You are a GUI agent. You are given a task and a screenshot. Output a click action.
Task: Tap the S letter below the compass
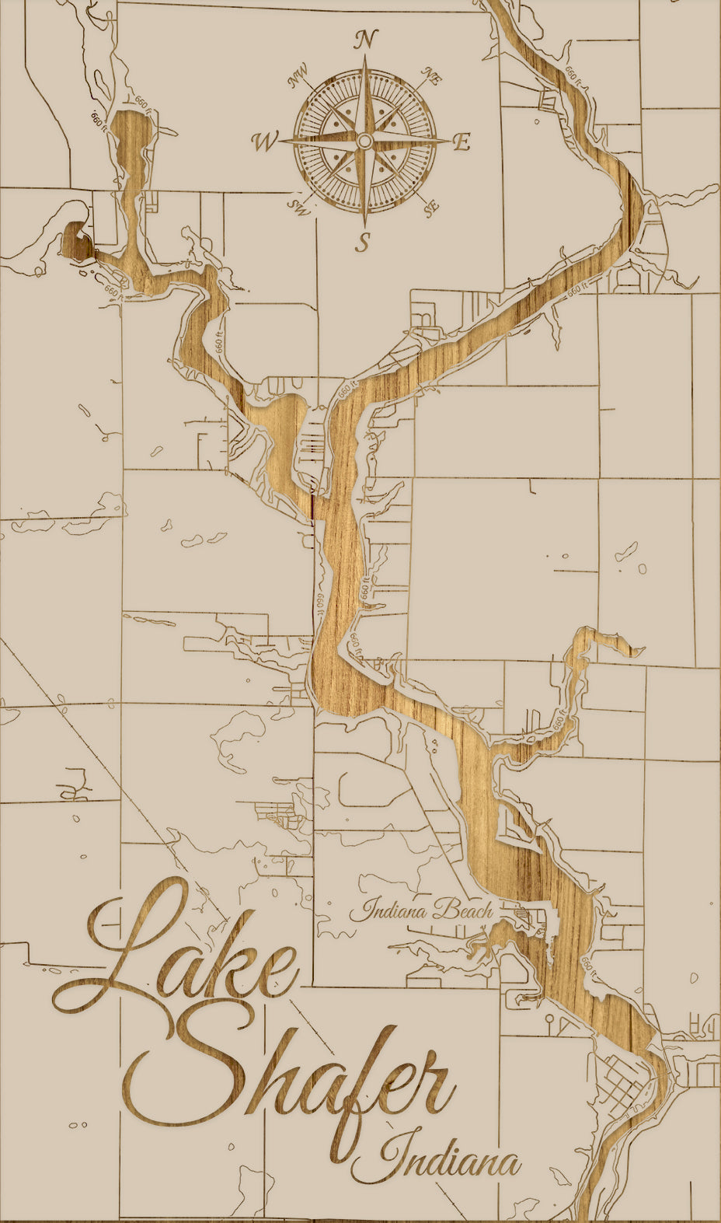tap(363, 243)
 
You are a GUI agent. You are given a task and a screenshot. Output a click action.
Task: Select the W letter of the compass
tap(264, 142)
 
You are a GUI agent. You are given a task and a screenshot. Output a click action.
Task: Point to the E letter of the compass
tap(462, 142)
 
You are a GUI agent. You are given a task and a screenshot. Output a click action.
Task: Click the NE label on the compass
tap(431, 75)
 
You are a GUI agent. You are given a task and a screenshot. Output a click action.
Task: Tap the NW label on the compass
tap(298, 78)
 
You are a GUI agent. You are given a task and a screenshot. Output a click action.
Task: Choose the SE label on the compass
tap(431, 208)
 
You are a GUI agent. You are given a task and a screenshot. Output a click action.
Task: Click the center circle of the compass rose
tap(364, 141)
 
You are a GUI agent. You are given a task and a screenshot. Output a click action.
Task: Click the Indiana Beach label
tap(420, 909)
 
